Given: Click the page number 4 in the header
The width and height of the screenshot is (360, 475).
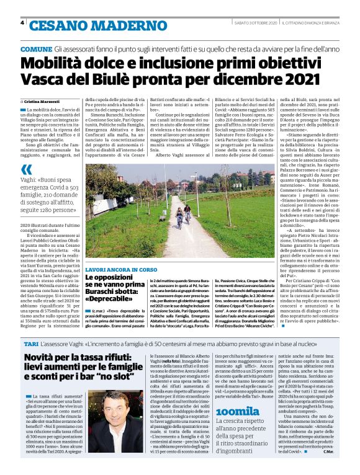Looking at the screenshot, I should click(22, 23).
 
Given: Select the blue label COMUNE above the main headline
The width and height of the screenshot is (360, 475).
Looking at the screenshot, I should click(35, 48).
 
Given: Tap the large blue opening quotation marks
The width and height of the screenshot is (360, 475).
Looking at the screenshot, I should click(25, 169).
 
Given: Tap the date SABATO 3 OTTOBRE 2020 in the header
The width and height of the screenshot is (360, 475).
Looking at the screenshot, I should click(246, 23).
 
